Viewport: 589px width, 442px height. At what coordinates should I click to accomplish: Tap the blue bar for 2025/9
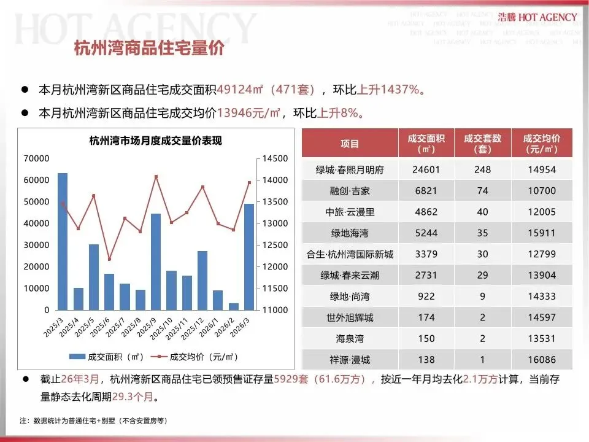point(156,261)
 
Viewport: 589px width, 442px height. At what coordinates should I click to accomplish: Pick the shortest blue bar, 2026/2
point(233,306)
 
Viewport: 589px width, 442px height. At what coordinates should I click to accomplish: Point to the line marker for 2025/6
point(109,258)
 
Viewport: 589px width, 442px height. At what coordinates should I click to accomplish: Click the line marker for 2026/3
point(249,182)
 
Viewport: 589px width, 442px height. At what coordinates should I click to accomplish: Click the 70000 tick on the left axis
point(36,158)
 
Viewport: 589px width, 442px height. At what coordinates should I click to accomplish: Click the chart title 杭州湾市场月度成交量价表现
point(155,141)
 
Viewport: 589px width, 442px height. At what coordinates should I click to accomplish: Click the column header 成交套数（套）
point(482,144)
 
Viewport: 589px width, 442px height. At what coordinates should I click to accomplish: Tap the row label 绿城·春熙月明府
point(350,170)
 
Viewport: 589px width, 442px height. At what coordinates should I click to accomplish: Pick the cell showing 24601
point(426,170)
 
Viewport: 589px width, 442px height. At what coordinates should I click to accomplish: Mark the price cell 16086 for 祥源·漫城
point(541,360)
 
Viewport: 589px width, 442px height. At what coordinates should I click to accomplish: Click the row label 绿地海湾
point(350,233)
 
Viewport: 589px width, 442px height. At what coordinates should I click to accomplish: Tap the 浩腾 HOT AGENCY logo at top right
point(537,17)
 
